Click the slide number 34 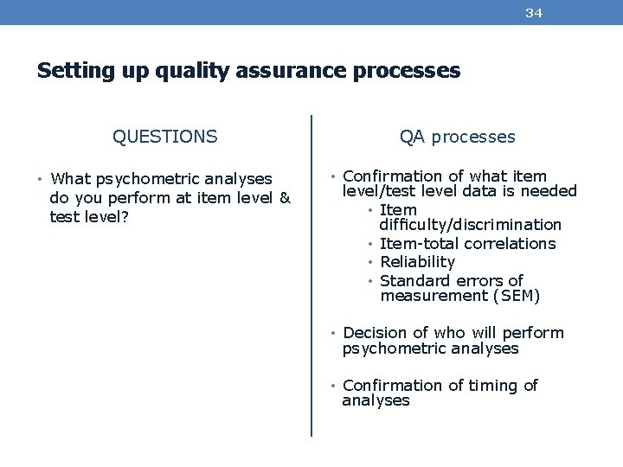(534, 13)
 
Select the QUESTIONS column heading (164, 137)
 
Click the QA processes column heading (457, 137)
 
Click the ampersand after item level (285, 198)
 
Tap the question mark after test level (126, 217)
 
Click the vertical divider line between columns (311, 277)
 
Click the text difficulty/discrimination (471, 225)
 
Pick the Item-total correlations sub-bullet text (467, 244)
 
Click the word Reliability (417, 262)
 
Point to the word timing (494, 385)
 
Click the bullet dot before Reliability (370, 262)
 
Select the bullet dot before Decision (334, 333)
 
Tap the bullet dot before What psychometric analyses (42, 179)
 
